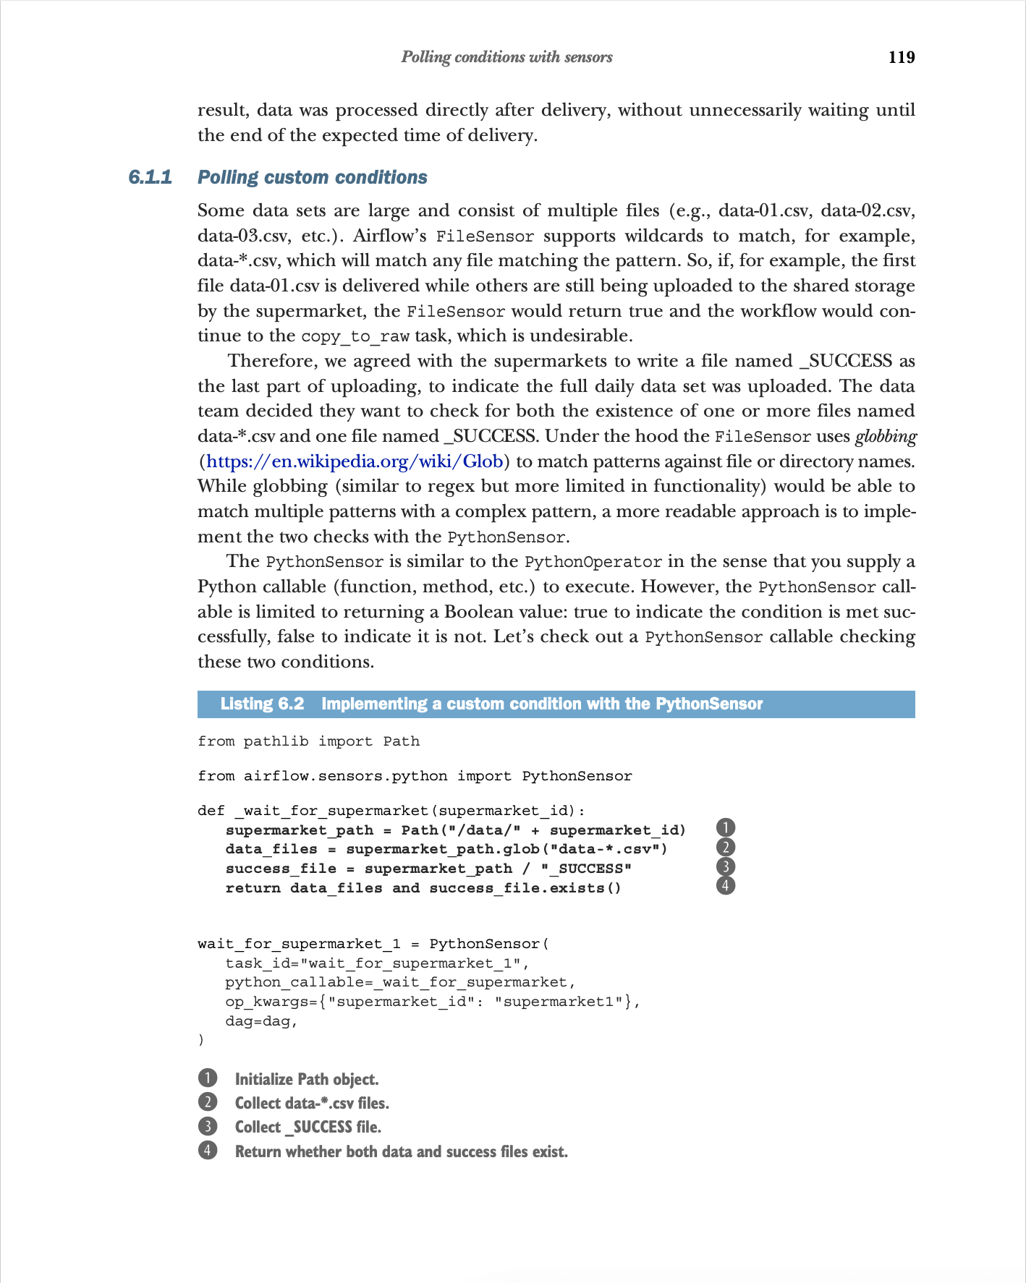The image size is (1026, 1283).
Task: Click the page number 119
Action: pos(901,58)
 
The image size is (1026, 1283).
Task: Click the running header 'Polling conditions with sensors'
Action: pos(506,57)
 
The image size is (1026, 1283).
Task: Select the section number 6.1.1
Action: pos(150,177)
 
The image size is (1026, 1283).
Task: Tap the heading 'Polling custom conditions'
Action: pos(312,177)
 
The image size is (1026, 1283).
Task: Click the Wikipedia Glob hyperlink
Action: pos(355,461)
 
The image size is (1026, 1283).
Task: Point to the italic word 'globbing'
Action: pos(886,436)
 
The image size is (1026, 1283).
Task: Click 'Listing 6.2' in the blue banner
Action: pos(262,704)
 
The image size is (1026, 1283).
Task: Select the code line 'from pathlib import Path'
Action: pos(308,741)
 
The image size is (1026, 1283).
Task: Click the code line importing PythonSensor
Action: pos(415,776)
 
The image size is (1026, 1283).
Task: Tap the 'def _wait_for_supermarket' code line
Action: pos(391,811)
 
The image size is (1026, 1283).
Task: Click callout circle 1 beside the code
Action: pos(725,828)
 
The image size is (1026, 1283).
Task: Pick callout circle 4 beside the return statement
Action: pos(725,885)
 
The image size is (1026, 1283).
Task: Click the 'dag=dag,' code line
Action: pos(261,1021)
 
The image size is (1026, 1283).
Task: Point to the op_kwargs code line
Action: pos(432,1002)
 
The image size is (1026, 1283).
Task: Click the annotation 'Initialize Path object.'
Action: pos(307,1079)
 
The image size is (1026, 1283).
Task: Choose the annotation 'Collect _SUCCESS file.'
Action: pos(308,1127)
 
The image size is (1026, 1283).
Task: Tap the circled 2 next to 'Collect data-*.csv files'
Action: pos(208,1102)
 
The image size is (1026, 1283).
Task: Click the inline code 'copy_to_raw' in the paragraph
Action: pos(355,336)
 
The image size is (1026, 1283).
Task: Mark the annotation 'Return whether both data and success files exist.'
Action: pos(401,1151)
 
